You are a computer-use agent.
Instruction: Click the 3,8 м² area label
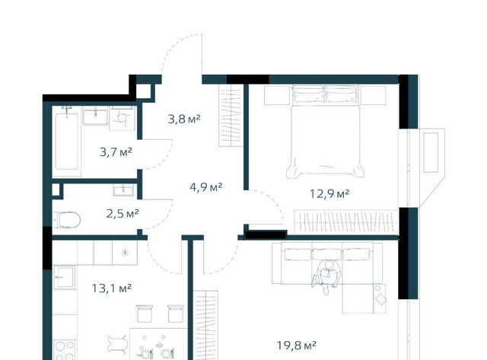pyautogui.click(x=184, y=119)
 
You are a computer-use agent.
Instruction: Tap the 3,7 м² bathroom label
pyautogui.click(x=116, y=152)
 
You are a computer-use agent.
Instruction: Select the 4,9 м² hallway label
pyautogui.click(x=206, y=187)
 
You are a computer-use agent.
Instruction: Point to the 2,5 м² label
pyautogui.click(x=123, y=214)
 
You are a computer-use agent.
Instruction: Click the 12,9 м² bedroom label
pyautogui.click(x=329, y=194)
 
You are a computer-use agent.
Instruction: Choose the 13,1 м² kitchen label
pyautogui.click(x=112, y=288)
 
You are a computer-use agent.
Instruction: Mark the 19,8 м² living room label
pyautogui.click(x=297, y=345)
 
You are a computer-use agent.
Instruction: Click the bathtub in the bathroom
pyautogui.click(x=67, y=142)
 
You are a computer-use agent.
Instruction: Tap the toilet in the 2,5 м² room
pyautogui.click(x=66, y=220)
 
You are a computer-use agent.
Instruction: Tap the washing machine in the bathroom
pyautogui.click(x=122, y=118)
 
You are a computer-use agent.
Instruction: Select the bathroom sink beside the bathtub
pyautogui.click(x=95, y=115)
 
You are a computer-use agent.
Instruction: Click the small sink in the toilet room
pyautogui.click(x=123, y=190)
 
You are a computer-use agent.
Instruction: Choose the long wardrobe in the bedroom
pyautogui.click(x=346, y=221)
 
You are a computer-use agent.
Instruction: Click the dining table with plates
pyautogui.click(x=159, y=344)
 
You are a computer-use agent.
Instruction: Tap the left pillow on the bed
pyautogui.click(x=308, y=94)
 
